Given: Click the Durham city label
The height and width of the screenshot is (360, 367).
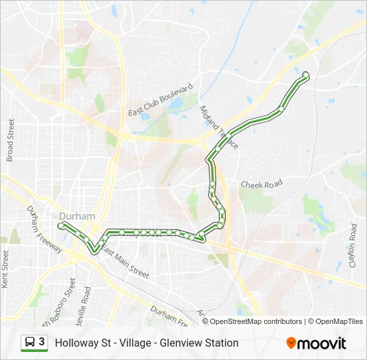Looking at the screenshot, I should coord(77,216).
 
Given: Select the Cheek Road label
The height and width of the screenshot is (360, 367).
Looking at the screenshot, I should coord(261,183).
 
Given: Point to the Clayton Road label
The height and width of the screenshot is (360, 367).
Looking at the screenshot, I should coord(353,245).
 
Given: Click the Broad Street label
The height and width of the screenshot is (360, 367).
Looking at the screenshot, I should coord(10,140).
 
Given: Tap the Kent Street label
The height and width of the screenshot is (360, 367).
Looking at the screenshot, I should coord(5,269).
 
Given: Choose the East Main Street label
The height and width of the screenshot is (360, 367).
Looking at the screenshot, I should coord(125,262).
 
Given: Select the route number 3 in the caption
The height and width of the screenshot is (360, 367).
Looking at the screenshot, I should coord(42,342).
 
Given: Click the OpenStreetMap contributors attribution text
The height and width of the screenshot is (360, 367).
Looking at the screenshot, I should coord(256,321).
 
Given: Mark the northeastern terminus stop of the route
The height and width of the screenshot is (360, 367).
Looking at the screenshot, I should coord(306,75).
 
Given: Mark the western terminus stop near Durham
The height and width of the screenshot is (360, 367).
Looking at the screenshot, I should coord(61,227).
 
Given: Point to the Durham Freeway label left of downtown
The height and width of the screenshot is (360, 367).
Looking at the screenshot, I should coord(45,229).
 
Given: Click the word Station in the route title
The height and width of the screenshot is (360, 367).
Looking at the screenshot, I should coord(221,343).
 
